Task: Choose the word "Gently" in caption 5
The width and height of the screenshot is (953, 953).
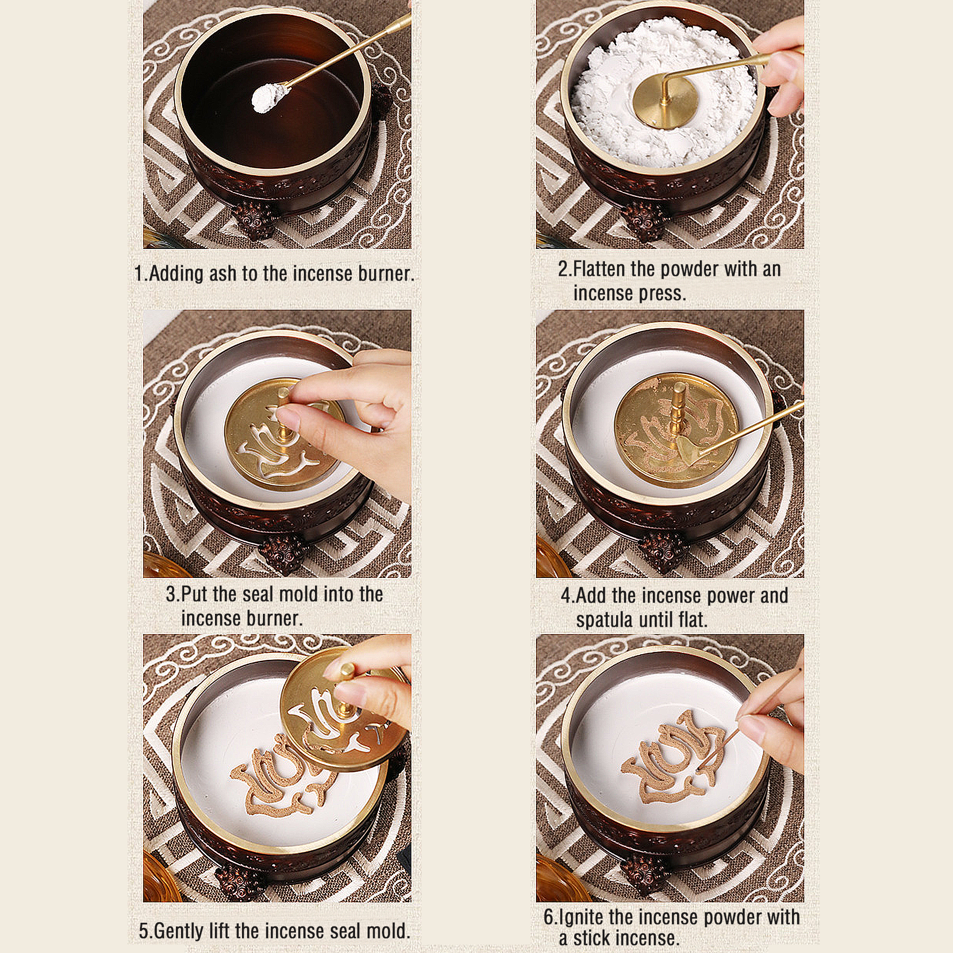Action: tap(178, 931)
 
